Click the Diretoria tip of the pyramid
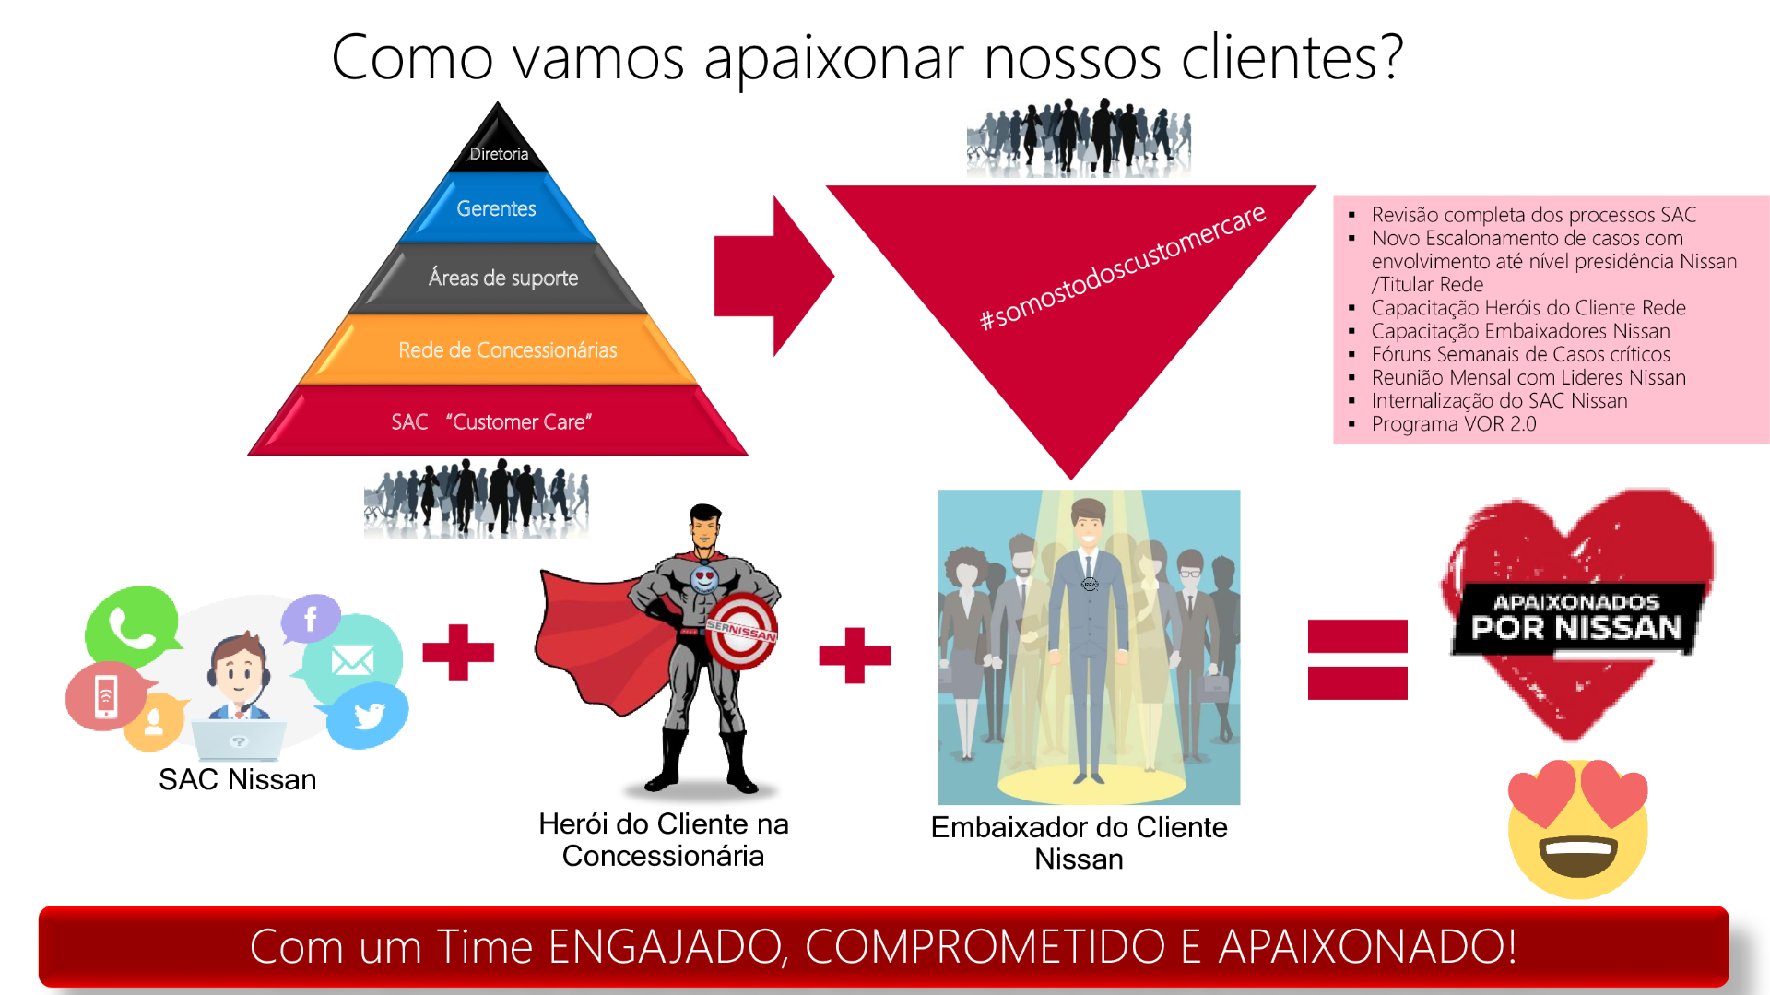coord(498,143)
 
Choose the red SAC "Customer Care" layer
coord(498,421)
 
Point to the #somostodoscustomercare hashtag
coord(1122,267)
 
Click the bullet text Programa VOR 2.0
coord(1454,424)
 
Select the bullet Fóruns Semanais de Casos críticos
coord(1520,354)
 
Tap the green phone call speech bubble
coord(132,627)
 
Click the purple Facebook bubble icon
coord(311,618)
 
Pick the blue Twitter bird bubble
coord(368,716)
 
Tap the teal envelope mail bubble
coord(352,658)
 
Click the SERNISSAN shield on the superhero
coord(742,631)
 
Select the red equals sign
coord(1358,659)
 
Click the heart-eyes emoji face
coord(1577,829)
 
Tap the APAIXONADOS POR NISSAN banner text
coord(1577,618)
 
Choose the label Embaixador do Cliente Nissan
coord(1080,843)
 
